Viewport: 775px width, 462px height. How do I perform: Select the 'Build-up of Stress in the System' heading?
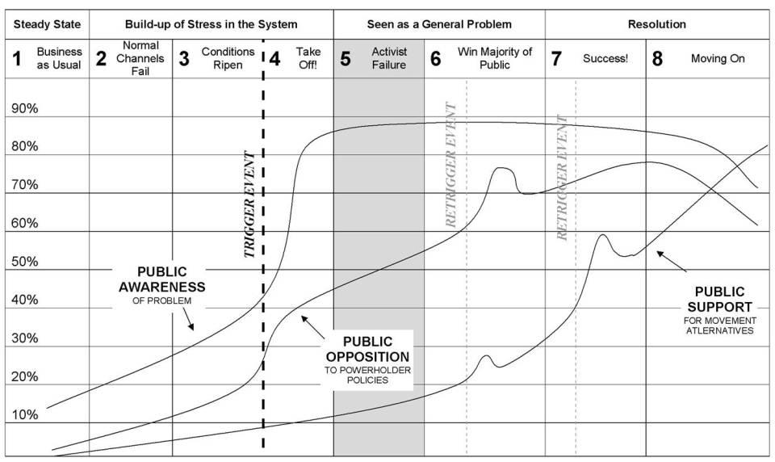(211, 23)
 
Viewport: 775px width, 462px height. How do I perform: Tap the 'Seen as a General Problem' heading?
(439, 23)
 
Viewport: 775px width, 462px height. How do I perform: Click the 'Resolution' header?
(657, 23)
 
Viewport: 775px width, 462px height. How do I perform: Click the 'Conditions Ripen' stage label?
(228, 58)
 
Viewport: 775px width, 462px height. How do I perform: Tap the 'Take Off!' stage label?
(308, 58)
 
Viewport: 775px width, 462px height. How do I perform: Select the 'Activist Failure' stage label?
(388, 58)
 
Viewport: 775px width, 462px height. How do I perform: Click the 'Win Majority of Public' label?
(494, 58)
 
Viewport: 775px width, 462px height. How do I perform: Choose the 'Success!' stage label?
(605, 59)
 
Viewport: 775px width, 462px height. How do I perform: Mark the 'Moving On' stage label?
(718, 59)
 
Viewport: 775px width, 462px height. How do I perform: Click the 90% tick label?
(24, 109)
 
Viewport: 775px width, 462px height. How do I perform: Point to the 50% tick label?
(24, 262)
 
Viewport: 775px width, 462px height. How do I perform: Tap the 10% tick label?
(24, 414)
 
